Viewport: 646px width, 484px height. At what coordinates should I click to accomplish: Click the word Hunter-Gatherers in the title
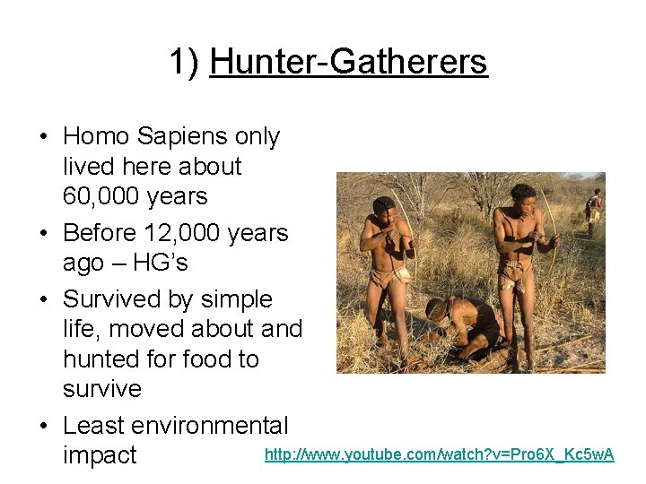(x=348, y=62)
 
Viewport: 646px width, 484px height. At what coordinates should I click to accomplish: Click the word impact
(x=100, y=455)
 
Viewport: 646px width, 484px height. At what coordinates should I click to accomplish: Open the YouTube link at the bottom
(x=439, y=455)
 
